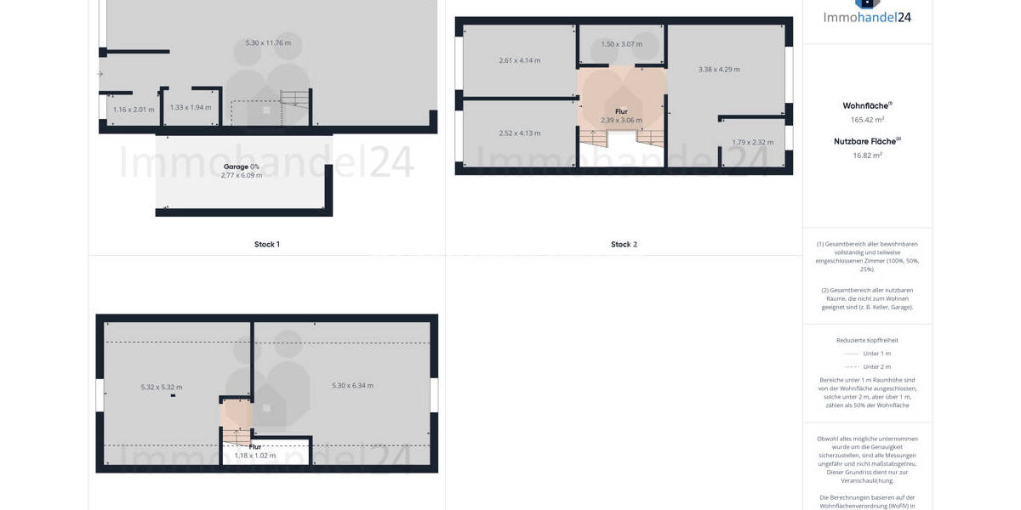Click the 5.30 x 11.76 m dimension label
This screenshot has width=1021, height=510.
(268, 43)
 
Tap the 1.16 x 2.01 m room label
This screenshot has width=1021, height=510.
(134, 110)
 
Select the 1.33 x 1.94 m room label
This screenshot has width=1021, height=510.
(191, 108)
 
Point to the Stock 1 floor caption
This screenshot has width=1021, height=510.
(266, 245)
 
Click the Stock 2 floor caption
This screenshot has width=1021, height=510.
(624, 245)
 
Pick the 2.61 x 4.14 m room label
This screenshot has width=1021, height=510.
(519, 60)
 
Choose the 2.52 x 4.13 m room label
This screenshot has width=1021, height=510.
(519, 133)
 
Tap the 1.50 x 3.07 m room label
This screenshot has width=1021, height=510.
(621, 44)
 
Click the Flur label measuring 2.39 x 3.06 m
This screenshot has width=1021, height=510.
(621, 111)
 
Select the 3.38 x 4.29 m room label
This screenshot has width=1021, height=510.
(719, 70)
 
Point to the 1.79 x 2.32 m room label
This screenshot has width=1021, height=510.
(753, 143)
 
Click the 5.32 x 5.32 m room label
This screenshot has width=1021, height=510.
(162, 388)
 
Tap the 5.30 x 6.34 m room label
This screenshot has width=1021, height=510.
(352, 386)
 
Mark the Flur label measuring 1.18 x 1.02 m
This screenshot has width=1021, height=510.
(255, 446)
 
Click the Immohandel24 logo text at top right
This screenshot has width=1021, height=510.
(867, 17)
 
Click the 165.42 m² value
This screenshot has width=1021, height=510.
(867, 120)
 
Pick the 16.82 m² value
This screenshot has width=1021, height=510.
(867, 156)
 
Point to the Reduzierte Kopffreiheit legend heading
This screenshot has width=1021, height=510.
(867, 340)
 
